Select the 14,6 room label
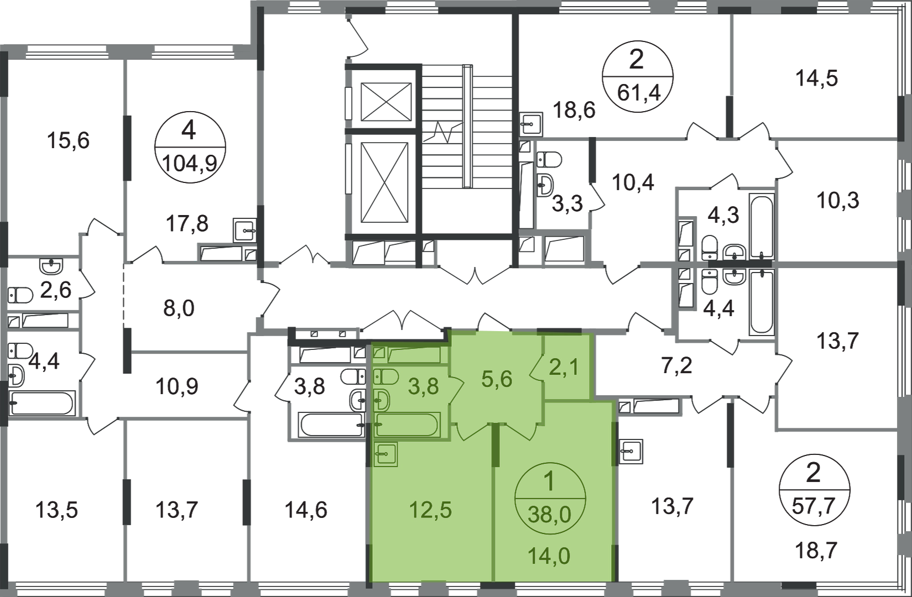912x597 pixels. [310, 510]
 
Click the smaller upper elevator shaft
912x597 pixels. [386, 101]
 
